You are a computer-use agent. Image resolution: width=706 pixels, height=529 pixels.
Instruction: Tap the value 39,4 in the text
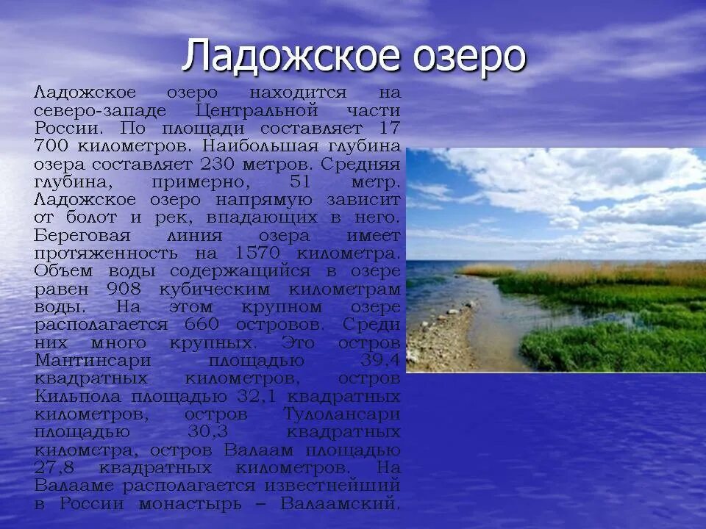coord(380,360)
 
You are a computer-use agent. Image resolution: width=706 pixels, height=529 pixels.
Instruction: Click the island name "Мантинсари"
coord(93,360)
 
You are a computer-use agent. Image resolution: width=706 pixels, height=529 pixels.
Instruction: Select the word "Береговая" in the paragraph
coord(82,235)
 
